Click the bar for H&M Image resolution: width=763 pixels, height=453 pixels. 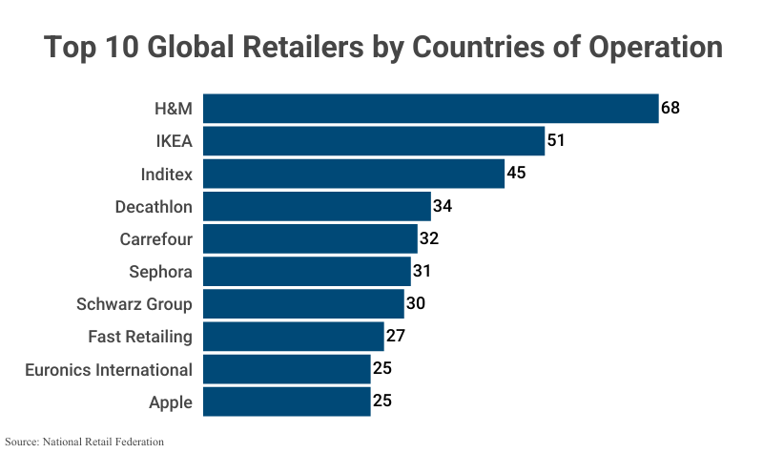tap(431, 108)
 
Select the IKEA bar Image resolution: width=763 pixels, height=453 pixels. tap(374, 141)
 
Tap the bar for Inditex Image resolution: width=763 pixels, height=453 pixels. tap(354, 174)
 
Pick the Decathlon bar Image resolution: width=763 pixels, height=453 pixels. tap(318, 206)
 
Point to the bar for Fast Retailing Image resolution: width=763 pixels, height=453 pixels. tap(294, 336)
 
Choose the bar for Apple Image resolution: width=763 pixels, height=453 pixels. tap(287, 402)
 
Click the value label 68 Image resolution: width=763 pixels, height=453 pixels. tap(670, 108)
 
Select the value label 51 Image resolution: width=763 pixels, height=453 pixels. tap(557, 141)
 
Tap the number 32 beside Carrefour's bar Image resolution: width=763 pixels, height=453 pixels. tap(429, 238)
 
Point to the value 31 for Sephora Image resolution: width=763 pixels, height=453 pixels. tap(423, 272)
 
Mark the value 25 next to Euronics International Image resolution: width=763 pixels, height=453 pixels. tap(382, 369)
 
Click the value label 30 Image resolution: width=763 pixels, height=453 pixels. tap(415, 304)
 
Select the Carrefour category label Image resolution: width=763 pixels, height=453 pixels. tap(155, 238)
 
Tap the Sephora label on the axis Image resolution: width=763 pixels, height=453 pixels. tap(160, 272)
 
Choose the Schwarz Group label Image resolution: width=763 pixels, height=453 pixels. tap(134, 304)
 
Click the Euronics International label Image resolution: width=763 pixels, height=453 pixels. tap(109, 369)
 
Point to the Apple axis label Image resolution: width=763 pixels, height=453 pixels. tap(171, 402)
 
